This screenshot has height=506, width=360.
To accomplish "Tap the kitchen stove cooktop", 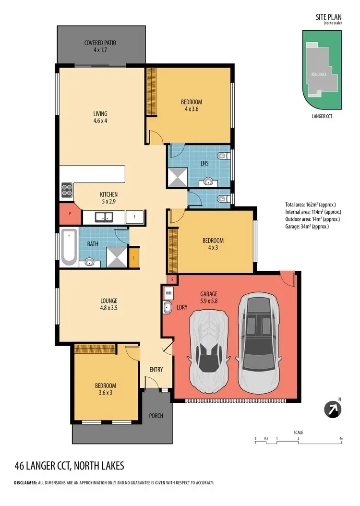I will pos(67,191).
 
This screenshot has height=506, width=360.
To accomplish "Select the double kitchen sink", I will pos(104,217).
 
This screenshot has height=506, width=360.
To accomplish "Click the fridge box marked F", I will pos(135,217).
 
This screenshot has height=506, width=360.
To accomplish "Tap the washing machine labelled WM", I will pos(168,292).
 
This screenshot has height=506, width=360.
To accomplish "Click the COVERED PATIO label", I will pos(100,46).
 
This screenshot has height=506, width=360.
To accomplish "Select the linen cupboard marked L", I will pos(134,257).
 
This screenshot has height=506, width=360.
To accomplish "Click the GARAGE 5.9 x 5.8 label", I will pos(208,297).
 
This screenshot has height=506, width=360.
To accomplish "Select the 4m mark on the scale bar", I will pos(341,438).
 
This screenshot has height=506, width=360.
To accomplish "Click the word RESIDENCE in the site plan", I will pos(319,75).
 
